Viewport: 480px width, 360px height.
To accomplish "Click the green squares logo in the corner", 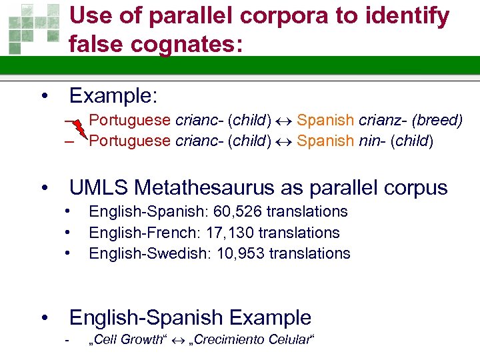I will [29, 29].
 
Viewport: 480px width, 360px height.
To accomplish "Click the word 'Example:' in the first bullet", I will [113, 96].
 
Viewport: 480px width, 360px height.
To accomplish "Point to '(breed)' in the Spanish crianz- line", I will [437, 121].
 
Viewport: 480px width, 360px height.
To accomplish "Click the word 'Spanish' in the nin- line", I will [325, 141].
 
